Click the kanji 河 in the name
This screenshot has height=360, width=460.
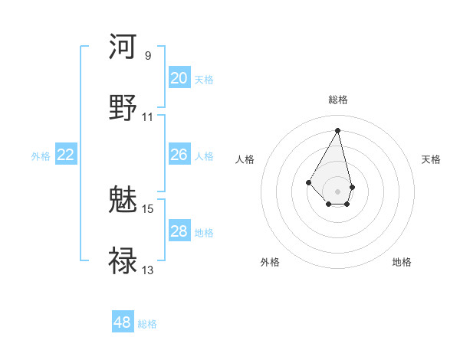pos(123,47)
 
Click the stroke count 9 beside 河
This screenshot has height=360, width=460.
pos(148,55)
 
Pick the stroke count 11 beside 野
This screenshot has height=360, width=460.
pos(148,116)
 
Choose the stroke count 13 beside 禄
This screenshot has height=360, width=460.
pos(148,270)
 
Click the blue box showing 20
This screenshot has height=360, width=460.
pos(179,78)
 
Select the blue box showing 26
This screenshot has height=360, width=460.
pos(179,155)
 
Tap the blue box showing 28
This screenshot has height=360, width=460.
pos(179,231)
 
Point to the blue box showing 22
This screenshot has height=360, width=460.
pos(66,155)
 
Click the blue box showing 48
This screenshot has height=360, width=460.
pos(123,322)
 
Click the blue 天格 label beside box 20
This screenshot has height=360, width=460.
pos(204,80)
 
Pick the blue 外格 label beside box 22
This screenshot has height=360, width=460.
pos(41,156)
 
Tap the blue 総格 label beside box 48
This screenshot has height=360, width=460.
pos(147,324)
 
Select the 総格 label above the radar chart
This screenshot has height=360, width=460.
pos(338,100)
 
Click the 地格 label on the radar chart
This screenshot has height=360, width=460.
pos(402,263)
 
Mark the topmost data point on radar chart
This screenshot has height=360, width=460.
pos(338,130)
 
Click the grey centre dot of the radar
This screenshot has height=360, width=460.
pos(338,191)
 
